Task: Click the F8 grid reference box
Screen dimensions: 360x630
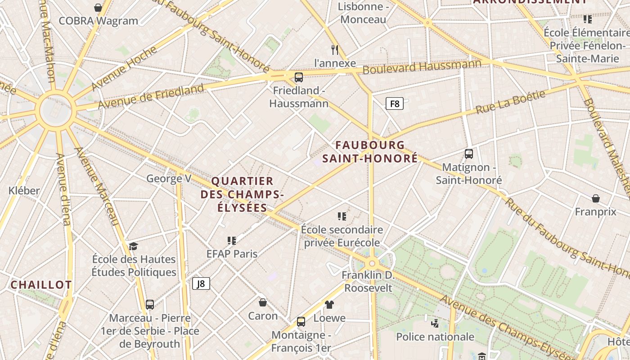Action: (x=394, y=104)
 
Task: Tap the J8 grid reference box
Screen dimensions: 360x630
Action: (x=201, y=283)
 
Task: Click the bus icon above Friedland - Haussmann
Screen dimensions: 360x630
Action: (x=299, y=77)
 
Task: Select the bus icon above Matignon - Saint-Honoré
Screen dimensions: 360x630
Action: (x=469, y=154)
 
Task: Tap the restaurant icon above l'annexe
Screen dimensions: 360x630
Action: (x=334, y=49)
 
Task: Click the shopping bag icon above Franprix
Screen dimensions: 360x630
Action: (x=596, y=198)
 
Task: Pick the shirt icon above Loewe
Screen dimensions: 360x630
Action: (x=329, y=305)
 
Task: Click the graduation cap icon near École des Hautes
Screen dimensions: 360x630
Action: (x=133, y=246)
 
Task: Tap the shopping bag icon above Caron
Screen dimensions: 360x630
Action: (x=263, y=302)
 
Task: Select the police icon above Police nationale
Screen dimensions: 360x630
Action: (x=435, y=323)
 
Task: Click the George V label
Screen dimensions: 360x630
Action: (x=169, y=179)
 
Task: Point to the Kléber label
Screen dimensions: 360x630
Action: (x=24, y=190)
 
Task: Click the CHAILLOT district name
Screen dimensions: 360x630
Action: (x=41, y=285)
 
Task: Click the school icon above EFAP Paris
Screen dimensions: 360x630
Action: (x=232, y=240)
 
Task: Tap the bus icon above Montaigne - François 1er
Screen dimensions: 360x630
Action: (x=301, y=322)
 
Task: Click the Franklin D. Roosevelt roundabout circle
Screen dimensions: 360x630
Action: (x=372, y=264)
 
